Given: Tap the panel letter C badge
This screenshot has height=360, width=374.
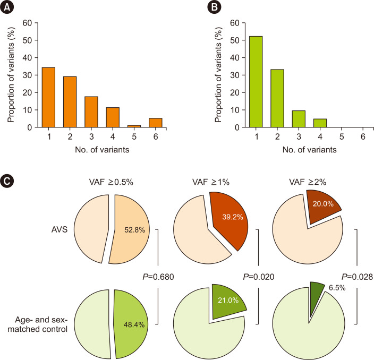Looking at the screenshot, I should pyautogui.click(x=10, y=181).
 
